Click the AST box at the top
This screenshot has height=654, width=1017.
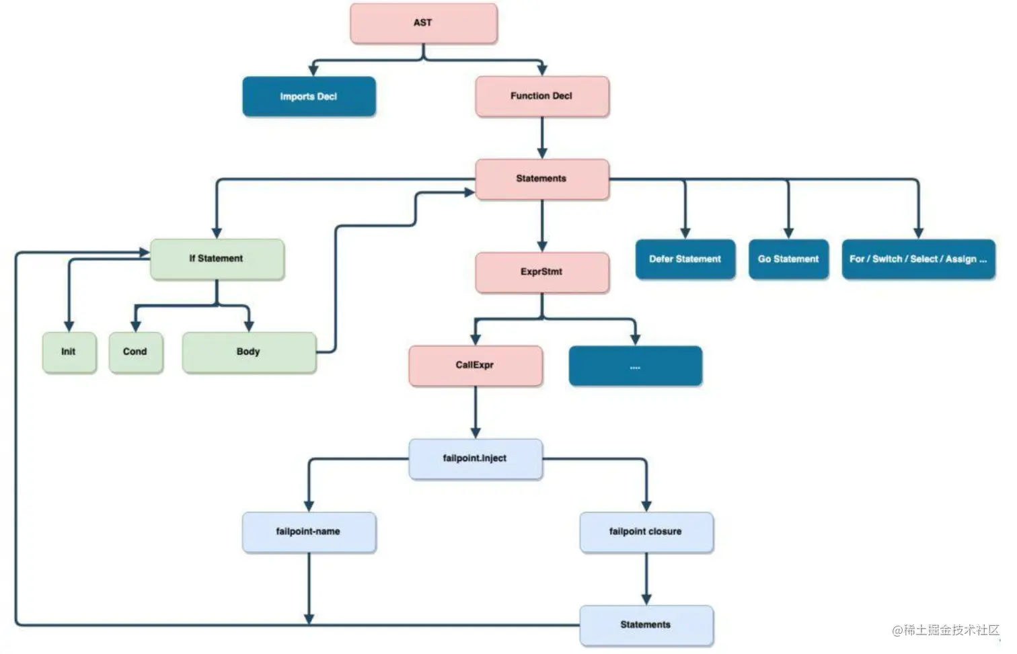[x=424, y=24]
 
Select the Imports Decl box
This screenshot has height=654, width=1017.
[x=309, y=97]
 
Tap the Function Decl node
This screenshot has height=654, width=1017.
[x=542, y=97]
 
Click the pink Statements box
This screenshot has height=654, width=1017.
[x=542, y=179]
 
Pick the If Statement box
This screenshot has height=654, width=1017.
[x=217, y=259]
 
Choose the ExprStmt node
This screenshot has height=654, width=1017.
[x=542, y=272]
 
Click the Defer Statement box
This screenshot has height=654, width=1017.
[x=685, y=259]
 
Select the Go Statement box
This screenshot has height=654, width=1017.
[x=788, y=259]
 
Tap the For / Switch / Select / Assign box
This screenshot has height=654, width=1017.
[x=919, y=259]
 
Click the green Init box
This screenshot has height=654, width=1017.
[x=69, y=353]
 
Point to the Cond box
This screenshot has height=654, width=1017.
[x=136, y=353]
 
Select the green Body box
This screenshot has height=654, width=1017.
[x=250, y=353]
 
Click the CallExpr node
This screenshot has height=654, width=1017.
[x=476, y=366]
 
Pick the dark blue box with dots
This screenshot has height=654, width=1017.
[x=635, y=366]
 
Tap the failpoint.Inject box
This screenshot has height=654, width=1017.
[x=476, y=459]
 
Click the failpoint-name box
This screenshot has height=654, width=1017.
[x=309, y=532]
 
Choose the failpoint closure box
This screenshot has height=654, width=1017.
[x=646, y=532]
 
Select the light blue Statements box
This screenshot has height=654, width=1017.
[x=646, y=625]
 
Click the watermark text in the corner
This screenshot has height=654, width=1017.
[x=946, y=630]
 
